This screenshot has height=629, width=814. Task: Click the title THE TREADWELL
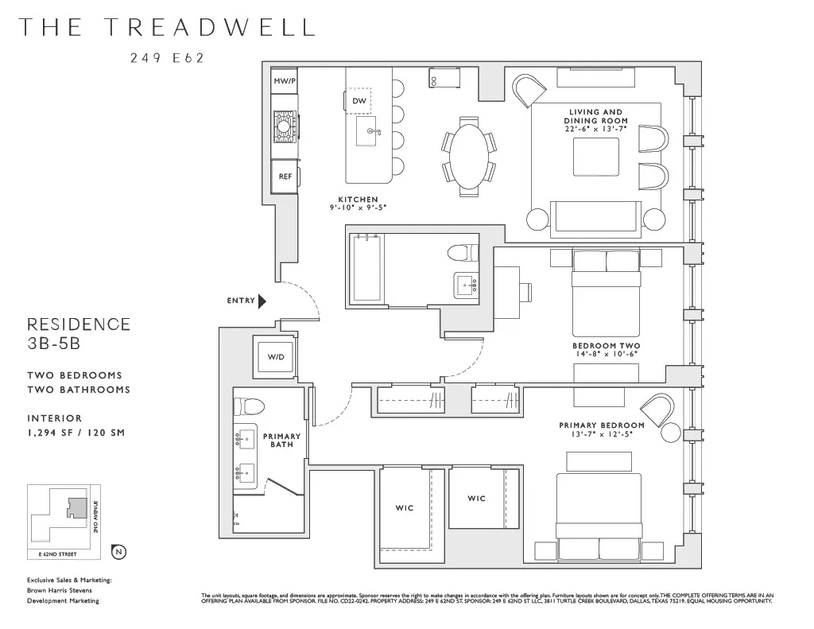[166, 27]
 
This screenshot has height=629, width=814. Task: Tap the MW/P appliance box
[284, 82]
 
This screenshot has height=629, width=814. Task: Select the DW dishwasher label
[359, 101]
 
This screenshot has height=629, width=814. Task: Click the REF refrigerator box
[285, 177]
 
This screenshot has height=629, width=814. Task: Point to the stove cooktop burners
[284, 126]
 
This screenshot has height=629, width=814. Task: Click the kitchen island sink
[369, 132]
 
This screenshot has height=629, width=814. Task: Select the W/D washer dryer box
[275, 357]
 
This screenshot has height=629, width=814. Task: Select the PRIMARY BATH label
[282, 440]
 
